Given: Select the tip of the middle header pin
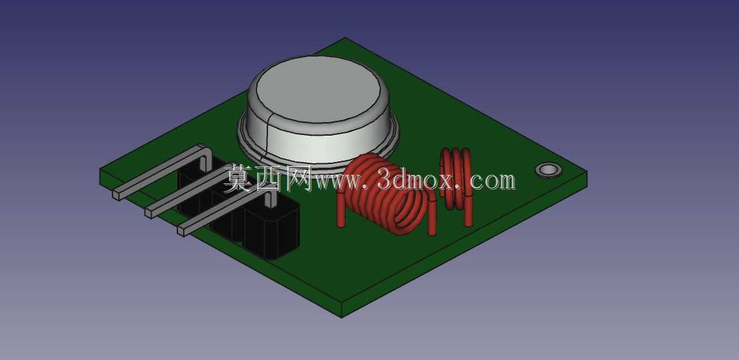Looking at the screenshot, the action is tap(149, 213).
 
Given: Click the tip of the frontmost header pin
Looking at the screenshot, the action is tap(181, 230).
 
